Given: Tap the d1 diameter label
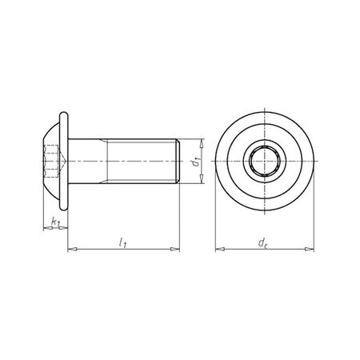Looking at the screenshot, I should [195, 162].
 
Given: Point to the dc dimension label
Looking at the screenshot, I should [264, 241].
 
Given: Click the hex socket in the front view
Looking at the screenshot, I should [263, 163].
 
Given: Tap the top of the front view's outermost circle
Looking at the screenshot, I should [263, 119].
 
